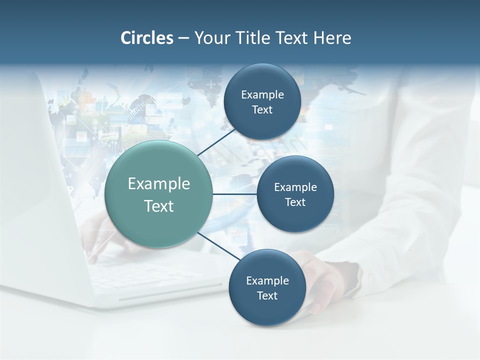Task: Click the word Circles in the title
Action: click(146, 38)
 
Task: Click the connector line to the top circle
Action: click(217, 142)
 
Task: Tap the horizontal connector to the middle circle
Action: click(235, 194)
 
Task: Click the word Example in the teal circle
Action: click(159, 184)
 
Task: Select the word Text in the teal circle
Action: click(159, 206)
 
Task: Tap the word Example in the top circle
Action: click(262, 95)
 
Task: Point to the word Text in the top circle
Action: click(262, 110)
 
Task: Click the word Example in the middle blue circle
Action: click(295, 187)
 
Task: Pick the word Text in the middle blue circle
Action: click(295, 202)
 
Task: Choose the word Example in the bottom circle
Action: click(267, 281)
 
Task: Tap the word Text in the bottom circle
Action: click(267, 296)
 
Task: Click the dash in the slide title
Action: click(183, 38)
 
